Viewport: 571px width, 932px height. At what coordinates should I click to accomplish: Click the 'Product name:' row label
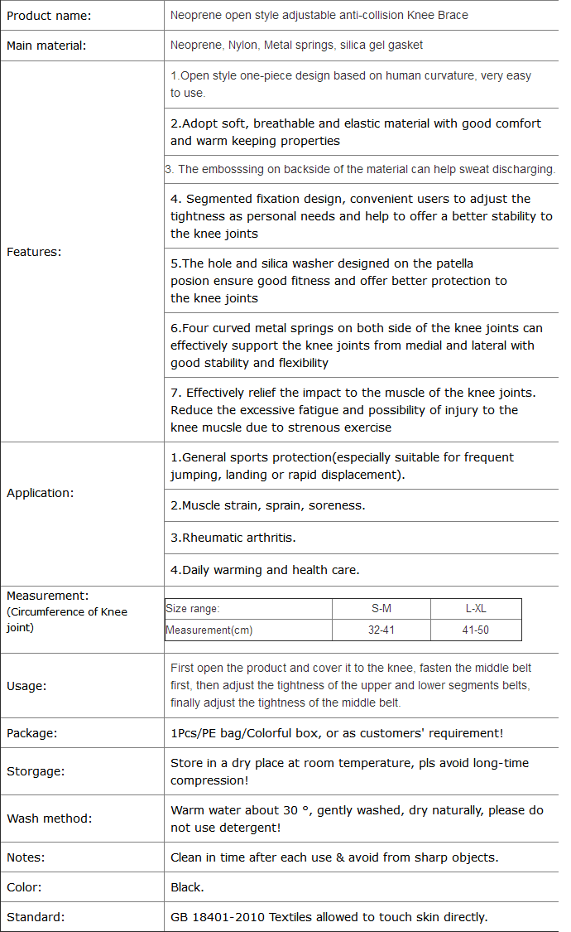point(49,16)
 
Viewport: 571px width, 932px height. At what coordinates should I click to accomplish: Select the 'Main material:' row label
point(46,46)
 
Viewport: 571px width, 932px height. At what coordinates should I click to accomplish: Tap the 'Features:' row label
point(34,252)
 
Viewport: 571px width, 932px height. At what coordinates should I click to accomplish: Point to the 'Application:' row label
point(40,493)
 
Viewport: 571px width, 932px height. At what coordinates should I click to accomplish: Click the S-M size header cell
point(381,609)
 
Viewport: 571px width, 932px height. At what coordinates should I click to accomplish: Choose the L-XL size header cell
point(476,609)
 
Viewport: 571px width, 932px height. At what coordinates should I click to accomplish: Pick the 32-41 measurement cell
point(381,630)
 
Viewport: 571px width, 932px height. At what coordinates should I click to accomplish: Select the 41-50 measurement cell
point(476,630)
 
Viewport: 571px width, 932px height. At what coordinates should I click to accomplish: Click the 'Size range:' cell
point(193,609)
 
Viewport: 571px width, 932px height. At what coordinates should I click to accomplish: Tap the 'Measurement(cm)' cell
point(209,630)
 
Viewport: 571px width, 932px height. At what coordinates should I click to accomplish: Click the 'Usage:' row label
point(26,686)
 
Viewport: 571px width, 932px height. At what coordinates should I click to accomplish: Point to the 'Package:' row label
point(31,733)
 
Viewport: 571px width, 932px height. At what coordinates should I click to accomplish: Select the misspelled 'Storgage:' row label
point(36,771)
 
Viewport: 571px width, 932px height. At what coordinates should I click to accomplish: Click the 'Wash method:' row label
point(49,819)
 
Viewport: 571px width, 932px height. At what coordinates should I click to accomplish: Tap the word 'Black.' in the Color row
point(187,887)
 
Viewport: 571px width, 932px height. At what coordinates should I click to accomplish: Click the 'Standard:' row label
point(36,917)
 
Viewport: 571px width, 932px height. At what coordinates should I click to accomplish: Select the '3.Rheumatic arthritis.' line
point(233,538)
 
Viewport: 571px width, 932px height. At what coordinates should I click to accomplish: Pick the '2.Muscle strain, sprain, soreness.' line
point(267,505)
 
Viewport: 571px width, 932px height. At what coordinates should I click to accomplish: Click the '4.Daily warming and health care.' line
point(265,570)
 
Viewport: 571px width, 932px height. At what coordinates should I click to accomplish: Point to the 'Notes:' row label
point(26,857)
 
